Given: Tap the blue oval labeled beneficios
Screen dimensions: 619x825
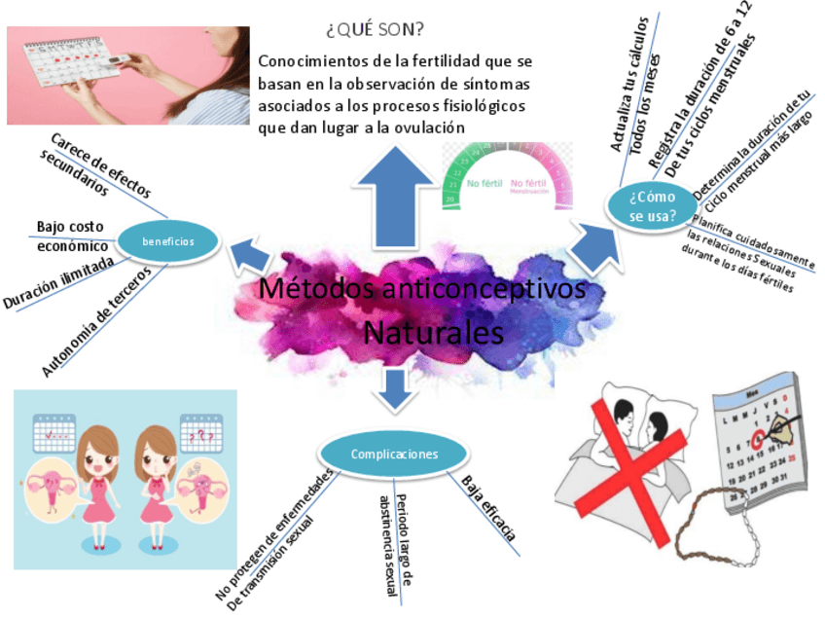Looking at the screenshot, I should (168, 241).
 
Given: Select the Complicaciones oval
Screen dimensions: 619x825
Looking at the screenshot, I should (394, 455).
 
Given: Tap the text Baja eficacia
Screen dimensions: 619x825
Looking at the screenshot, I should (487, 507).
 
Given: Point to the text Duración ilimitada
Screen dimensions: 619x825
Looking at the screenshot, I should (58, 283).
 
